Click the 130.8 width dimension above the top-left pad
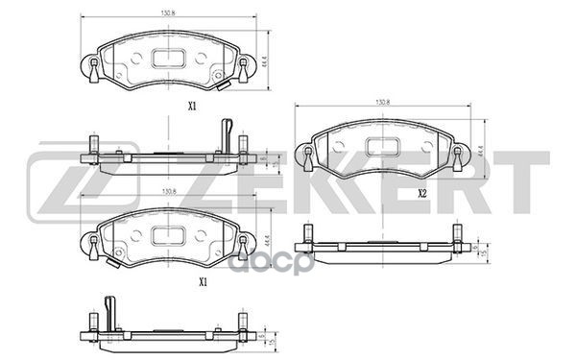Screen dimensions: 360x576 169,13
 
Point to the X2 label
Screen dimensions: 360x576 421,192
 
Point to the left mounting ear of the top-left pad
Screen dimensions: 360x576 92,66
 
